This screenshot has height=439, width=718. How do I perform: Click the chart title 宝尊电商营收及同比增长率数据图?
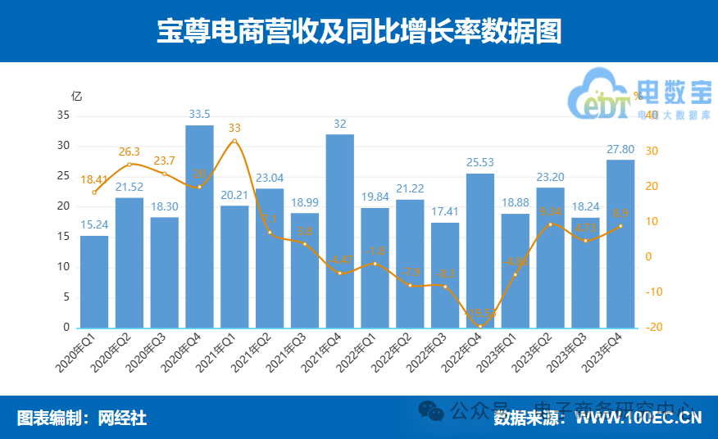[x=359, y=31]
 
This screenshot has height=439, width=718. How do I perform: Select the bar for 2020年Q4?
[x=199, y=227]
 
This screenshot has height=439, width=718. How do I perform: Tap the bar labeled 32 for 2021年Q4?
[x=340, y=231]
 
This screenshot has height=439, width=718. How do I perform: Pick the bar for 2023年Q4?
[x=620, y=244]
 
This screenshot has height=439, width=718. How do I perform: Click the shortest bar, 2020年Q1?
[x=94, y=282]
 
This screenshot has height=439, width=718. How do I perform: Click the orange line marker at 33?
[x=234, y=141]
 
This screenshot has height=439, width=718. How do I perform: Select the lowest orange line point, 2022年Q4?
[x=480, y=326]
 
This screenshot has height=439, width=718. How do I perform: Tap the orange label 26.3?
[x=130, y=152]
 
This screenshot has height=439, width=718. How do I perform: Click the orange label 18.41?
[x=94, y=179]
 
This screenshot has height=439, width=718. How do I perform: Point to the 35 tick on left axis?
[x=63, y=115]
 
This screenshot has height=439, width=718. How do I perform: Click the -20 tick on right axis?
[x=652, y=328]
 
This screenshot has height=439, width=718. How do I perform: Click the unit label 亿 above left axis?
[x=77, y=96]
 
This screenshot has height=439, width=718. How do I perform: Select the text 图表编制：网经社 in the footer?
[x=82, y=419]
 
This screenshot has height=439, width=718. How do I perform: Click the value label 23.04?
[x=270, y=179]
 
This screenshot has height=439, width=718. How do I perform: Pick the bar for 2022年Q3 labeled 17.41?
[x=445, y=275]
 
